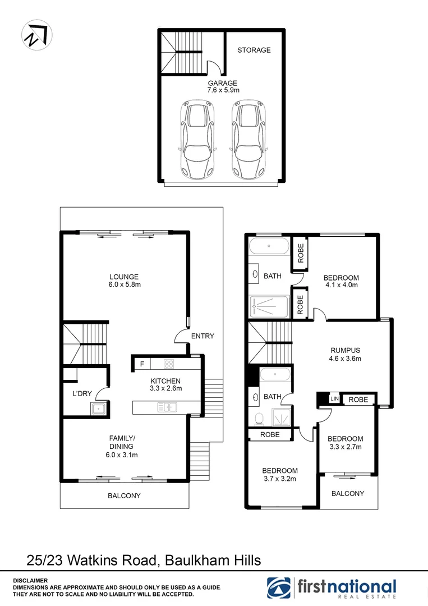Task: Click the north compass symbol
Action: click(x=36, y=35)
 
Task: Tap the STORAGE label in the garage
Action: click(x=254, y=50)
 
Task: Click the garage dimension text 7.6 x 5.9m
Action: click(x=223, y=90)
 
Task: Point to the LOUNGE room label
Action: click(x=124, y=277)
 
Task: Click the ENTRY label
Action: click(x=203, y=336)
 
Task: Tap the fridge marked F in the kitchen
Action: click(x=142, y=364)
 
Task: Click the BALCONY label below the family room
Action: click(x=124, y=495)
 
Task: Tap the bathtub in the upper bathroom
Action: click(x=269, y=246)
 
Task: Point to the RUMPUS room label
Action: click(x=345, y=351)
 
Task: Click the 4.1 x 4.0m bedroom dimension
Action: click(x=341, y=285)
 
